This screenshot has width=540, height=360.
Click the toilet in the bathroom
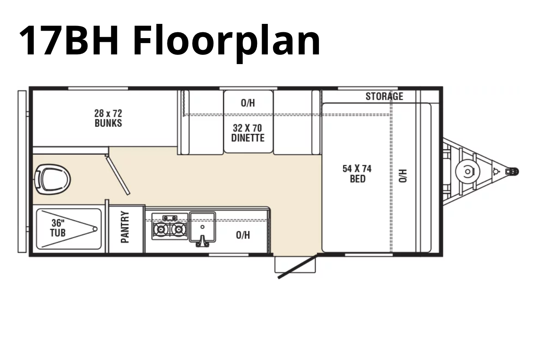[x=53, y=179]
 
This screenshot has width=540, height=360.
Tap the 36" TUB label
[x=58, y=228]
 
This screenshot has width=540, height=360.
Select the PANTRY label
[x=125, y=227]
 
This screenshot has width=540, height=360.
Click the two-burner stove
[x=170, y=227]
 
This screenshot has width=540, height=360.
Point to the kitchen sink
[x=203, y=228]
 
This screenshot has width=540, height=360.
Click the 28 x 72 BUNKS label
[x=108, y=118]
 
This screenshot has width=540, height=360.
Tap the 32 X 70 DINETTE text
[x=248, y=133]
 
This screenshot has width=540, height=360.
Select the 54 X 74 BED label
[x=357, y=174]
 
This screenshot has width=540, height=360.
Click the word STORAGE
[x=384, y=96]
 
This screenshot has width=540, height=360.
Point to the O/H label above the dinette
[x=248, y=103]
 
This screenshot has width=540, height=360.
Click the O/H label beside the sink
[x=243, y=235]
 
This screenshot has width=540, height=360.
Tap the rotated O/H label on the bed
[x=403, y=176]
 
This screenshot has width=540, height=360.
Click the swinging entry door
[x=298, y=267]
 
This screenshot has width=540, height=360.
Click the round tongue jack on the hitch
[x=468, y=172]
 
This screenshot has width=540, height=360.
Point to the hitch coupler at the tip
[x=512, y=172]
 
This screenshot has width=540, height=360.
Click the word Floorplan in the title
[x=226, y=41]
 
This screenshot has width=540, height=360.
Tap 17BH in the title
[x=69, y=40]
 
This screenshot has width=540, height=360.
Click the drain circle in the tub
[x=95, y=229]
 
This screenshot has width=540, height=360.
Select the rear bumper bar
[x=22, y=172]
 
